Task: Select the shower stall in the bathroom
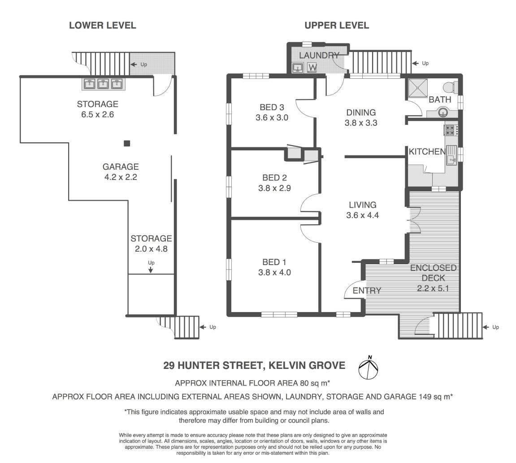click(418, 88)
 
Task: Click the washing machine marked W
click(312, 68)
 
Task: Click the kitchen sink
click(451, 155)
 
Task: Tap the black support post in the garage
click(127, 143)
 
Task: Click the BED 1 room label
click(274, 262)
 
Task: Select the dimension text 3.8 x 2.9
click(274, 188)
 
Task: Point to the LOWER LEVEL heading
click(102, 26)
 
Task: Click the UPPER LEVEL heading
click(336, 26)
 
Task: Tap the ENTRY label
click(367, 291)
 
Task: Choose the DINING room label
click(361, 112)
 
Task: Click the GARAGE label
click(121, 167)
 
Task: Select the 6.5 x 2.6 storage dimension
click(97, 115)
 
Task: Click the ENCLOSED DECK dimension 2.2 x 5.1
click(433, 288)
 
